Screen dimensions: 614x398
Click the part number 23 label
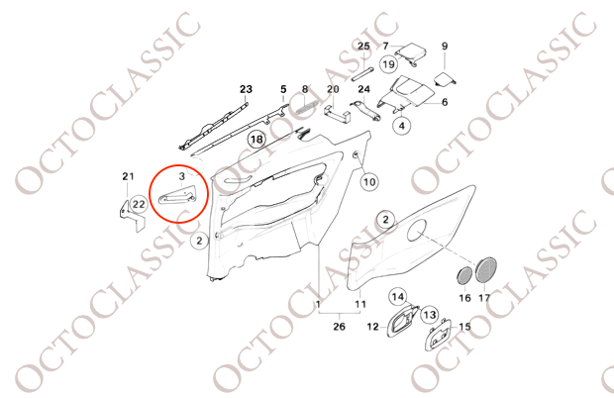click(x=246, y=90)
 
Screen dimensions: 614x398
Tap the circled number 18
click(x=256, y=140)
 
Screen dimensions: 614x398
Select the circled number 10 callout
click(x=369, y=181)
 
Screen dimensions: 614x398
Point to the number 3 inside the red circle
click(x=181, y=176)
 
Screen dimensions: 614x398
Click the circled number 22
click(x=139, y=204)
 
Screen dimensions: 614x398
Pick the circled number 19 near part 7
click(x=388, y=63)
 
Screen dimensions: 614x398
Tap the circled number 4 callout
click(x=402, y=126)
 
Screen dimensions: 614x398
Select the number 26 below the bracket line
click(x=339, y=326)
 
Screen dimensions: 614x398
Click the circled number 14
click(x=398, y=297)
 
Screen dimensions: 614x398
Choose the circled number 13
click(x=430, y=314)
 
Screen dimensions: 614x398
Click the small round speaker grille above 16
click(x=464, y=275)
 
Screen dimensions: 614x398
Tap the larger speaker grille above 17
click(x=485, y=269)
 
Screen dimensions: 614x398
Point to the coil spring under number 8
click(x=305, y=106)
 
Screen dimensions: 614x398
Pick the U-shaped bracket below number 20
click(x=337, y=112)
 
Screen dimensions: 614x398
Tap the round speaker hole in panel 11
click(x=417, y=230)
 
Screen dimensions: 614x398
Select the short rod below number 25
click(x=362, y=74)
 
